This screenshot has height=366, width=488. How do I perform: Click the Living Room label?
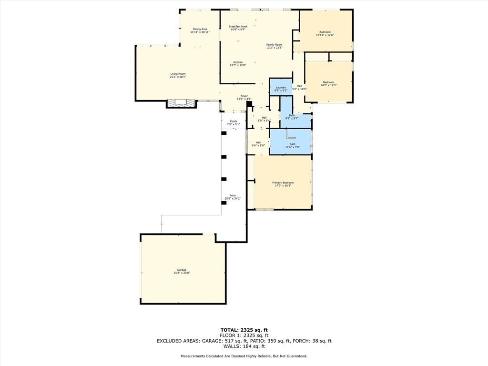click(178, 75)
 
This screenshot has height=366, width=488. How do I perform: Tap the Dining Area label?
click(200, 30)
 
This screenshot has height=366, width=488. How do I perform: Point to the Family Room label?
click(274, 46)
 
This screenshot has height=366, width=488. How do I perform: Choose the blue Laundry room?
click(281, 88)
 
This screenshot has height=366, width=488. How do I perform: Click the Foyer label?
click(244, 97)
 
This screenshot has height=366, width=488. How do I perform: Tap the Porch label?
click(234, 122)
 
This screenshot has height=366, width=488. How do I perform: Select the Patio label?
click(233, 197)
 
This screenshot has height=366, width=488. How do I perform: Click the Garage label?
click(182, 271)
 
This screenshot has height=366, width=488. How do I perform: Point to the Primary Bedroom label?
click(283, 184)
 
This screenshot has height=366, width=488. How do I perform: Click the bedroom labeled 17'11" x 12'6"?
click(325, 33)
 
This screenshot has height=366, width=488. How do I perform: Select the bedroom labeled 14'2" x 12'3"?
click(328, 83)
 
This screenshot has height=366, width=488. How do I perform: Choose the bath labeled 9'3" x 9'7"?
click(292, 116)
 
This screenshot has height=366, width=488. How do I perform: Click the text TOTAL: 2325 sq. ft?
click(244, 330)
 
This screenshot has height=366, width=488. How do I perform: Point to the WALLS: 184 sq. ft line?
click(244, 346)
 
